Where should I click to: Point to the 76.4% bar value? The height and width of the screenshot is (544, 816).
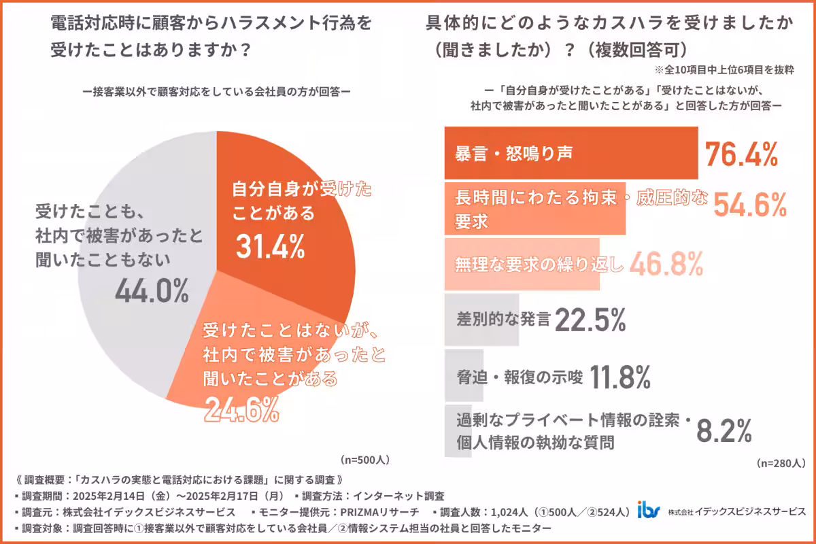pos(741,154)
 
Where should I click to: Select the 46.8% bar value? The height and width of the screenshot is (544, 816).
pos(666,264)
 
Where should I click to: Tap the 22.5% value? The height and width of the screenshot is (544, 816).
pos(590,319)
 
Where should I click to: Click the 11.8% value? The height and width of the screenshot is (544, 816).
pos(619,375)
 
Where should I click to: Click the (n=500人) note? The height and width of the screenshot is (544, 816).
pos(364,460)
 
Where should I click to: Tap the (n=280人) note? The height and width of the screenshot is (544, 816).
pos(780,463)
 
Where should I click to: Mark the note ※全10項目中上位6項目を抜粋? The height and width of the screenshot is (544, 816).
pos(725,69)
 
